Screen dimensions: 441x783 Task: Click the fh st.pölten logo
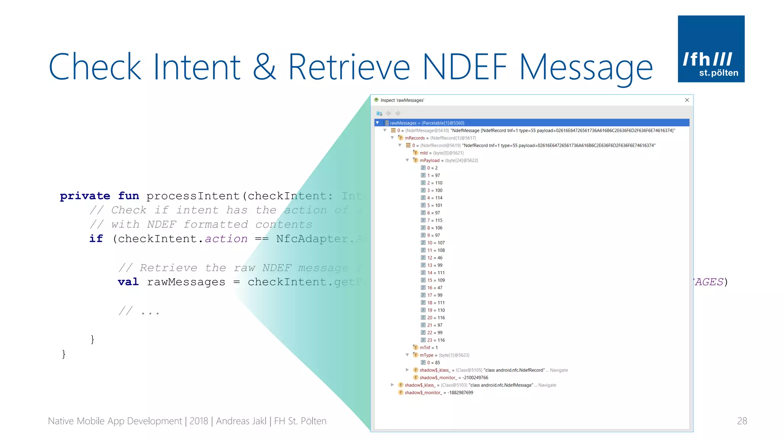point(711,49)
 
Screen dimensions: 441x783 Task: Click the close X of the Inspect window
point(687,100)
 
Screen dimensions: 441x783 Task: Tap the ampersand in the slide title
point(264,67)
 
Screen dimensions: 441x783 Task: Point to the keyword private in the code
point(85,196)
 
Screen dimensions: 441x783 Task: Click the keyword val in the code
point(128,282)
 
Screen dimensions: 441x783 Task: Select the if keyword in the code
point(96,238)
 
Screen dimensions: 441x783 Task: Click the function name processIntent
point(193,196)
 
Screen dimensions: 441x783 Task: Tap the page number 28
point(742,421)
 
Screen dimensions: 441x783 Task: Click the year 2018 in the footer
point(198,421)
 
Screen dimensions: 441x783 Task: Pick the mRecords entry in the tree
point(415,138)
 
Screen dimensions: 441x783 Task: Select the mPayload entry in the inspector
point(429,160)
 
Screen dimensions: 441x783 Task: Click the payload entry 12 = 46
point(435,258)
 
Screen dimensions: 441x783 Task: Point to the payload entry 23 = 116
point(436,340)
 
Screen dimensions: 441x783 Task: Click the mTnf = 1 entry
point(429,348)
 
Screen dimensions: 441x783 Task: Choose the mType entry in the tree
point(426,355)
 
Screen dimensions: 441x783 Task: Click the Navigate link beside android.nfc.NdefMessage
point(547,385)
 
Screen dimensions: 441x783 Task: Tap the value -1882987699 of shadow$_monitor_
point(460,392)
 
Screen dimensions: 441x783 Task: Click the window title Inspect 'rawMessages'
point(402,100)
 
